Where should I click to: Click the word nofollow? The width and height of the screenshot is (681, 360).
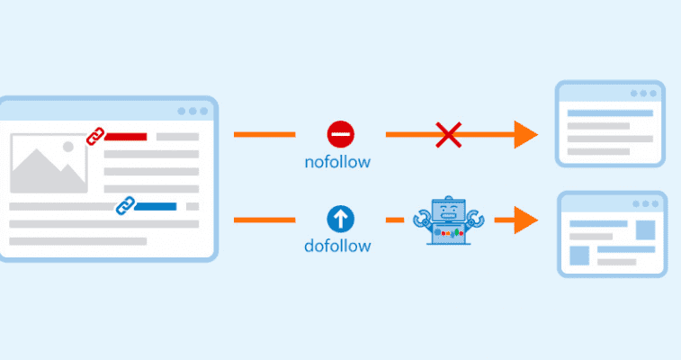click(337, 162)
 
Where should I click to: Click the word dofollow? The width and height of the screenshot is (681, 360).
click(337, 246)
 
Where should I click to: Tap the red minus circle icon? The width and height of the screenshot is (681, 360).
click(340, 134)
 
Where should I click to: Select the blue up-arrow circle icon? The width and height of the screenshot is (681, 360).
click(340, 219)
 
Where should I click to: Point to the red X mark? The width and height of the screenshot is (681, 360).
click(448, 135)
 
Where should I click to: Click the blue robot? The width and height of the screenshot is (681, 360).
click(449, 220)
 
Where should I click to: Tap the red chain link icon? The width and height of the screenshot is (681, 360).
click(95, 137)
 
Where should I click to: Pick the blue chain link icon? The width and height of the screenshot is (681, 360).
click(126, 206)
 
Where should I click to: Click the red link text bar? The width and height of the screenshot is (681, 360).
click(126, 137)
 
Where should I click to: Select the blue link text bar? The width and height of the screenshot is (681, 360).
click(156, 206)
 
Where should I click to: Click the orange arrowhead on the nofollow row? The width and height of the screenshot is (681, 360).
click(526, 135)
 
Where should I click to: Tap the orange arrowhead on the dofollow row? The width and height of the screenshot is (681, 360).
click(526, 220)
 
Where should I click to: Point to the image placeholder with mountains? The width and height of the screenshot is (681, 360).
click(49, 163)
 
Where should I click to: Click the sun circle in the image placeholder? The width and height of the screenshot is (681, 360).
click(68, 147)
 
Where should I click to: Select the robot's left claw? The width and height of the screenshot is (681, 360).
click(421, 218)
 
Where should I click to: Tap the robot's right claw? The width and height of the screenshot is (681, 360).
click(476, 218)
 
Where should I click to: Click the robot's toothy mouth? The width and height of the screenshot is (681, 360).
click(449, 215)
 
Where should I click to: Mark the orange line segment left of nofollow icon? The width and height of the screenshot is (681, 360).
click(264, 135)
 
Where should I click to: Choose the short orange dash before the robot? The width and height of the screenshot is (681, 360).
click(395, 220)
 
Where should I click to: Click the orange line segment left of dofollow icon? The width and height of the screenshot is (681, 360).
click(264, 220)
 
